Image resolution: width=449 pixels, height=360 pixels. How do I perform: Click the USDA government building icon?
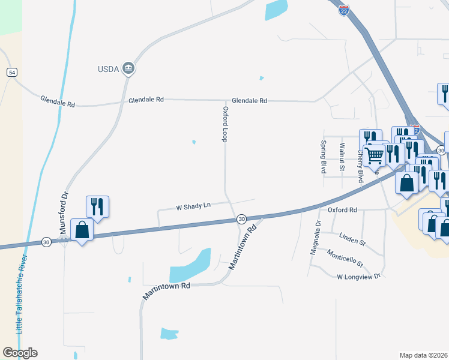click(128, 68)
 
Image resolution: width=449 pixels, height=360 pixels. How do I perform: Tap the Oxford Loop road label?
click(226, 124)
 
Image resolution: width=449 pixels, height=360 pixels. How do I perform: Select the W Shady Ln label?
click(193, 206)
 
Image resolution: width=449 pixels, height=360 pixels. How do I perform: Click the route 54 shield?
click(12, 72)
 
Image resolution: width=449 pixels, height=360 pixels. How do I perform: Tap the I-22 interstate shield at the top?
click(343, 11)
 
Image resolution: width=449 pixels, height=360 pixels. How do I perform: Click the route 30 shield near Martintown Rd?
click(241, 220)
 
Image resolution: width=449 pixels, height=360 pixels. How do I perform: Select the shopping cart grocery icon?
click(375, 155)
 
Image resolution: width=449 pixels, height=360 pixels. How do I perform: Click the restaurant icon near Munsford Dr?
click(97, 206)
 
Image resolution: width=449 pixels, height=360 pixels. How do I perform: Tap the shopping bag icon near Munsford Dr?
click(82, 230)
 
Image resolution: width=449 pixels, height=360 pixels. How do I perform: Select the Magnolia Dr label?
click(315, 237)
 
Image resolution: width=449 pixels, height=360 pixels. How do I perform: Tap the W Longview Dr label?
click(359, 276)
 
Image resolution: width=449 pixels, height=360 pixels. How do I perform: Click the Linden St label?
click(352, 239)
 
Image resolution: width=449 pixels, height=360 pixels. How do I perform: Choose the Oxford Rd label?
click(342, 210)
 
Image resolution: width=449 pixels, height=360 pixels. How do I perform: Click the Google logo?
click(20, 353)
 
